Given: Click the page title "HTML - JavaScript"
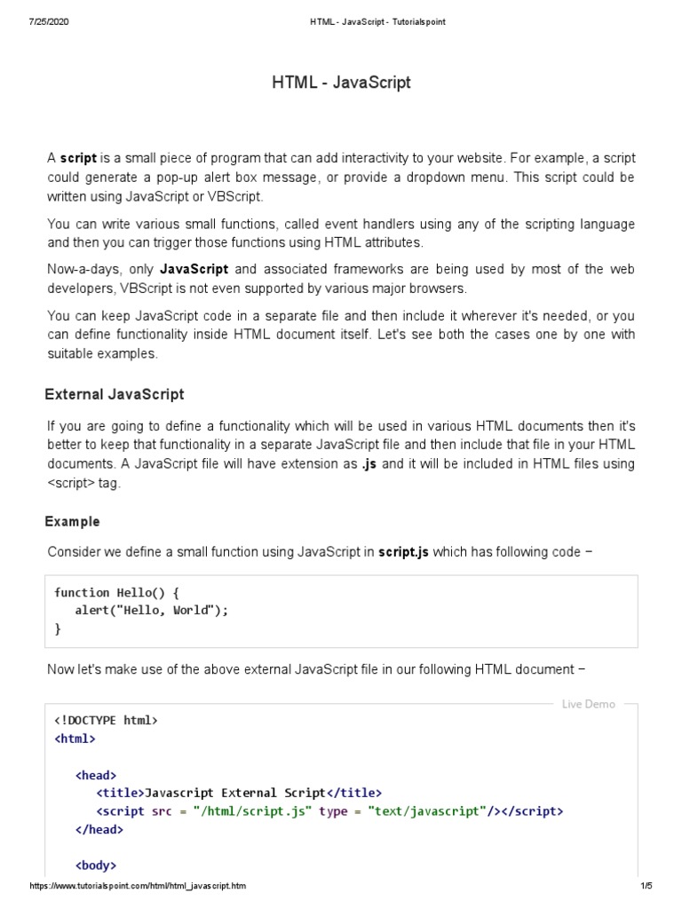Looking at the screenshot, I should click(x=341, y=83).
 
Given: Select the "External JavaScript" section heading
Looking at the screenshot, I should click(x=115, y=394).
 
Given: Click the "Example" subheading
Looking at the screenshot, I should click(x=73, y=521).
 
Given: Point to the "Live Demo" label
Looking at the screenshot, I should click(x=588, y=704).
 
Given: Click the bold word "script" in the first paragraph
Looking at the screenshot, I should click(x=78, y=158).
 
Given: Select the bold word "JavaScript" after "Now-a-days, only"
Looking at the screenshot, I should click(x=194, y=268).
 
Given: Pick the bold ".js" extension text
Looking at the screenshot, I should click(x=370, y=463).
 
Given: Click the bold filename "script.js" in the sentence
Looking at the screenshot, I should click(x=403, y=551).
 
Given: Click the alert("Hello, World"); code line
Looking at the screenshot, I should click(x=152, y=611).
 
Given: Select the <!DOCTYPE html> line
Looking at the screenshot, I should click(x=106, y=720).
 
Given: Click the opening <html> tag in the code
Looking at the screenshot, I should click(x=75, y=738).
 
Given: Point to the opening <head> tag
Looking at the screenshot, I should click(x=96, y=775).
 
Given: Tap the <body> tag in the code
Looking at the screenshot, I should click(x=96, y=865).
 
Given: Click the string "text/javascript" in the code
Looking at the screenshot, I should click(x=427, y=811).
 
